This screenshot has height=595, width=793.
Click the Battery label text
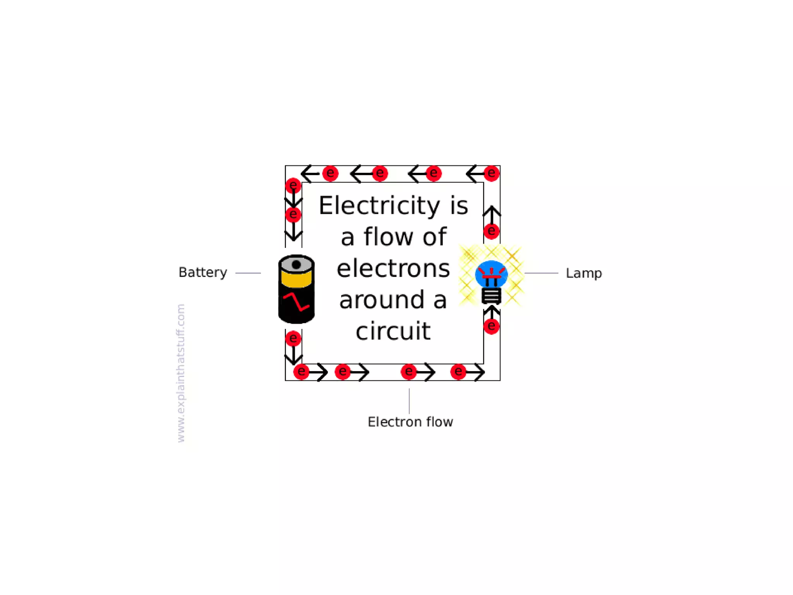pos(203,272)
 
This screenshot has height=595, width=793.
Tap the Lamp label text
pos(584,273)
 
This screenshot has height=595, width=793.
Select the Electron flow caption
pos(410,421)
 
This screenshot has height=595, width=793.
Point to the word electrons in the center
pos(393,268)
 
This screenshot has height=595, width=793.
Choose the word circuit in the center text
pos(393,332)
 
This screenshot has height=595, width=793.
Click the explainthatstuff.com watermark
pos(181,373)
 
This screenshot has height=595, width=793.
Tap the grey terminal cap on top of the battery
pos(296,264)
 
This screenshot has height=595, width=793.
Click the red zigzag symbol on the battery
pos(296,302)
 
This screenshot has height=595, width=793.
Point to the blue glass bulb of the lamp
pos(491,273)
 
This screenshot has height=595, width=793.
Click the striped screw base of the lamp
pos(491,296)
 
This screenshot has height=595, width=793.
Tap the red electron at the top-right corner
pos(491,173)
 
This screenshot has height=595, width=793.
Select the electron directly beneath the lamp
pos(491,326)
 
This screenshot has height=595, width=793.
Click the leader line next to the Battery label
pos(248,273)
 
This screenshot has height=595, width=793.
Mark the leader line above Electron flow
pos(409,401)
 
